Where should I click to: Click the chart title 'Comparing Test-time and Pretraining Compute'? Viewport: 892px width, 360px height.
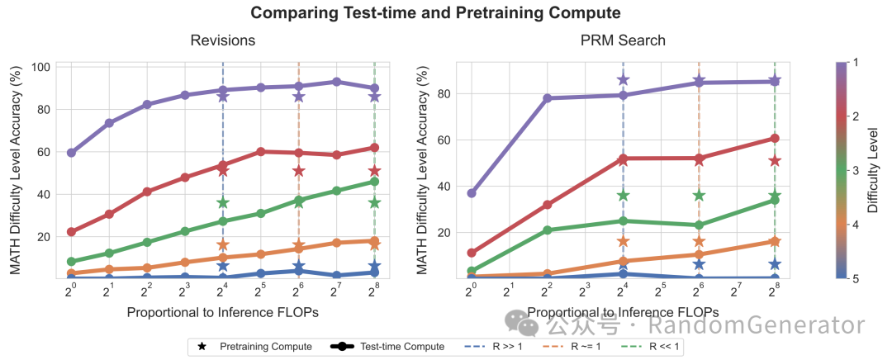tap(435, 12)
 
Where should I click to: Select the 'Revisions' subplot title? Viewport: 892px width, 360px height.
tap(222, 40)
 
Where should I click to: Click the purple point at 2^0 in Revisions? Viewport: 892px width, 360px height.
tap(72, 153)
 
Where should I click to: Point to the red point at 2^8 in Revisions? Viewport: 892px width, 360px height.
tap(374, 148)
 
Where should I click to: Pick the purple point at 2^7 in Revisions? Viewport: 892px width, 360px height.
tap(336, 82)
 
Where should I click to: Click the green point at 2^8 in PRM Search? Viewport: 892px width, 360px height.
tap(775, 200)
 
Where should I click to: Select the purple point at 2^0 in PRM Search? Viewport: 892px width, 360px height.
tap(472, 193)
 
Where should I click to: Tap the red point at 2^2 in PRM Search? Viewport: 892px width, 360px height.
tap(548, 205)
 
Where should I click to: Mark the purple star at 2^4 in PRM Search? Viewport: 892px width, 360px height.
tap(623, 80)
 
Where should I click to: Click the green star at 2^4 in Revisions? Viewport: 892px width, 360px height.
tap(223, 203)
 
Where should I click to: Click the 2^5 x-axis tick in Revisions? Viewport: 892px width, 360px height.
tap(260, 291)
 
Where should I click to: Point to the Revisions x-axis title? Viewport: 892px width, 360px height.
tap(222, 312)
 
